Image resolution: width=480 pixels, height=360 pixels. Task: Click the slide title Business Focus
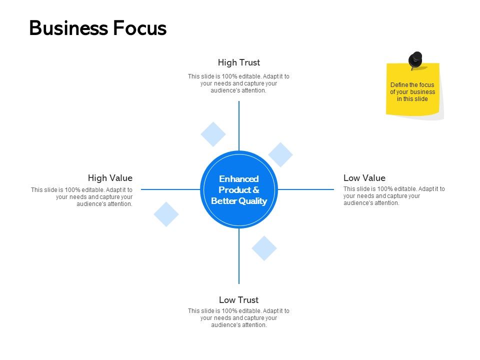[x=97, y=28]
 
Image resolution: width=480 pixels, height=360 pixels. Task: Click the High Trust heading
[x=238, y=62]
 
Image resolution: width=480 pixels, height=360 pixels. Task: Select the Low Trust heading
[x=238, y=300]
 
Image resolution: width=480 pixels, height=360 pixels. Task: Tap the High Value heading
[x=110, y=178]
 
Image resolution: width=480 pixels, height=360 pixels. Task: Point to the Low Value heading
[x=364, y=178]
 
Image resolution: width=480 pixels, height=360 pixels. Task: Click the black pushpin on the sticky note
[x=415, y=59]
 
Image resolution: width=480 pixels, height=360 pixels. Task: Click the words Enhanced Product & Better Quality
[x=239, y=190]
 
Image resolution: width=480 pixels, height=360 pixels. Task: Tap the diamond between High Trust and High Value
[x=213, y=134]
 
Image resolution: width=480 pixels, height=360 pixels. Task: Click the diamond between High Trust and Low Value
[x=280, y=154]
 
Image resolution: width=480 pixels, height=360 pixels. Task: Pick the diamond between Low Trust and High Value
[x=166, y=214]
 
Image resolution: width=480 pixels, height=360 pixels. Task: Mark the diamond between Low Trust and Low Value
[x=264, y=248]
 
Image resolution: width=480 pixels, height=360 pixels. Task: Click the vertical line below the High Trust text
[x=239, y=125]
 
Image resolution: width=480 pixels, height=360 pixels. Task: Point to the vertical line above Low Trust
[x=239, y=257]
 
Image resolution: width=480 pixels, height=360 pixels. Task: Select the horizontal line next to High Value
[x=170, y=189]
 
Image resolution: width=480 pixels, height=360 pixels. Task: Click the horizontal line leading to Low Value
[x=306, y=189]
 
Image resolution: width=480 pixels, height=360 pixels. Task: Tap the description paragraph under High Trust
[x=238, y=83]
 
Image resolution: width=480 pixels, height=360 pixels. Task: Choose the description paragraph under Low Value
[x=394, y=196]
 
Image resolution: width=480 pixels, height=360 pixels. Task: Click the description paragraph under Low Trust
[x=238, y=318]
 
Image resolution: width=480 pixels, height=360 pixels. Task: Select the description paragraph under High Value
[x=82, y=196]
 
